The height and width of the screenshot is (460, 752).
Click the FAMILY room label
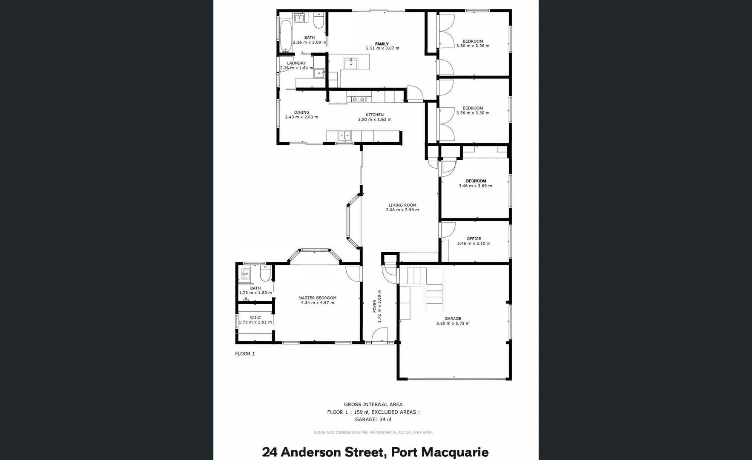(382, 44)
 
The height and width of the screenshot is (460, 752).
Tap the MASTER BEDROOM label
(317, 298)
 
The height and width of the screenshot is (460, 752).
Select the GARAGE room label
(453, 318)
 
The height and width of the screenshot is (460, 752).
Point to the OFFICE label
(474, 239)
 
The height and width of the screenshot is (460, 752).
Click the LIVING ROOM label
(402, 205)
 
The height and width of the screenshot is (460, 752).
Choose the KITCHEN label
(374, 115)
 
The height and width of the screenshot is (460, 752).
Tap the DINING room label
(301, 112)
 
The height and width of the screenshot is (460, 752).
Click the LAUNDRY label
(296, 63)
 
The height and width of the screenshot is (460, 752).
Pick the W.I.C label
(255, 317)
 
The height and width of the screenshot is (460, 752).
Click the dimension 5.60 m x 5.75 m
(453, 323)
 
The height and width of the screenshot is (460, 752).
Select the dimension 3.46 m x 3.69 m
(475, 186)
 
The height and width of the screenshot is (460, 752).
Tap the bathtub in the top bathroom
(286, 36)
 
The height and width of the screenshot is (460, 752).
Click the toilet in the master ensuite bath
(264, 274)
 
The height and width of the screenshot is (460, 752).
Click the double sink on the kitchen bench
(344, 135)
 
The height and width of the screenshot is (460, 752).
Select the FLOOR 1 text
(245, 354)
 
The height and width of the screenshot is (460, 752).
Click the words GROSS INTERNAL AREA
(373, 405)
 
